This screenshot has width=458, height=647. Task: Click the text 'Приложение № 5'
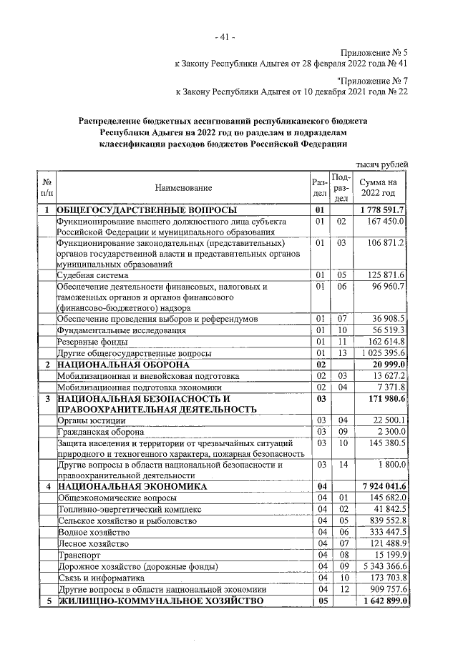[372, 53]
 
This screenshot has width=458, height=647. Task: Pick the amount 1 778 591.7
[382, 210]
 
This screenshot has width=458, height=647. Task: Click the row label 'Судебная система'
[93, 275]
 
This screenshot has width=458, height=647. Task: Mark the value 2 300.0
[391, 432]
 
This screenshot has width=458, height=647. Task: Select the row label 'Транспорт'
[79, 555]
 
